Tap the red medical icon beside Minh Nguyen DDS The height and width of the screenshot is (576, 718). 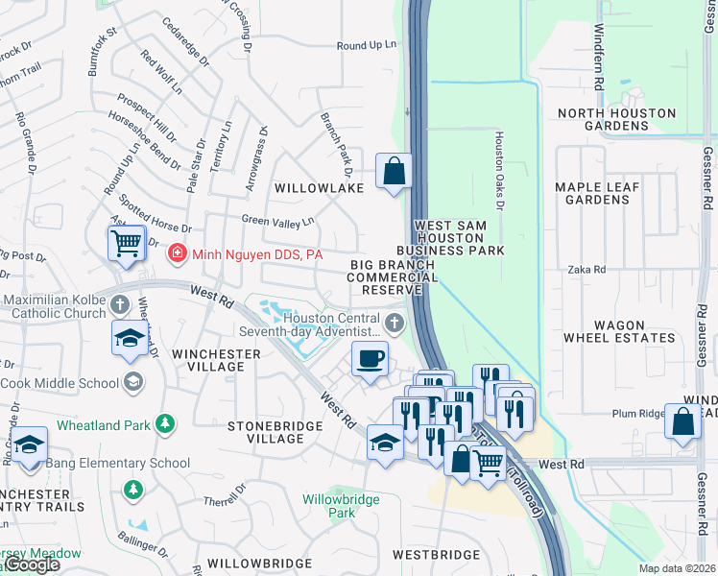click(177, 254)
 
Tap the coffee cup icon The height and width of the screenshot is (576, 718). click(370, 359)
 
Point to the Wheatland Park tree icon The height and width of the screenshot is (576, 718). click(164, 423)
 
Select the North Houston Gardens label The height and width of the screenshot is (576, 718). click(616, 119)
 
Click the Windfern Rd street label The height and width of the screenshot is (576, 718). click(598, 58)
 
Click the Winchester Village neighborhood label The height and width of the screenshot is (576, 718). click(216, 360)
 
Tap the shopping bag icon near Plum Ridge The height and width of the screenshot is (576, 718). click(682, 423)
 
